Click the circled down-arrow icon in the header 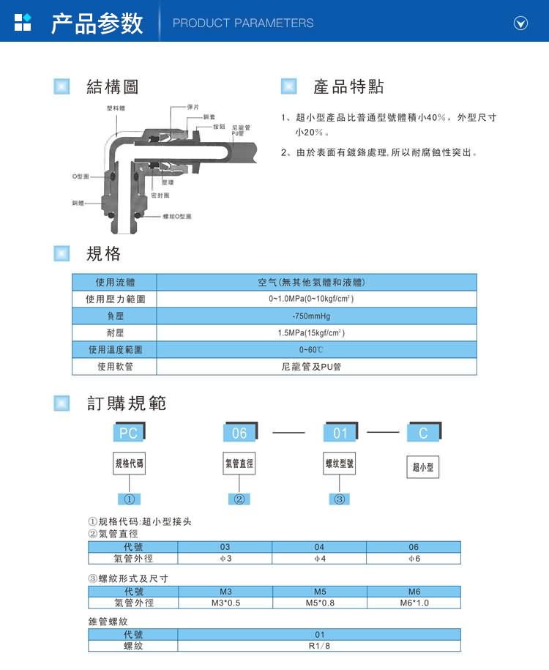520,23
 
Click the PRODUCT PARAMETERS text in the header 243,23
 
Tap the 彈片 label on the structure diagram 194,107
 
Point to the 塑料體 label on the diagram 115,108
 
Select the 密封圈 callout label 160,196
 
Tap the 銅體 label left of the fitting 78,203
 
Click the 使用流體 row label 115,282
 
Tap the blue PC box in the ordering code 129,433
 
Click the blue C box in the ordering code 423,433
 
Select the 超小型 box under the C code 423,466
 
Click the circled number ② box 239,499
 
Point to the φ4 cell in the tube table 319,559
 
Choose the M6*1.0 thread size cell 414,603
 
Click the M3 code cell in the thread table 225,591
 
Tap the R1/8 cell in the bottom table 319,646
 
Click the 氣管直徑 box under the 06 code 239,464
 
